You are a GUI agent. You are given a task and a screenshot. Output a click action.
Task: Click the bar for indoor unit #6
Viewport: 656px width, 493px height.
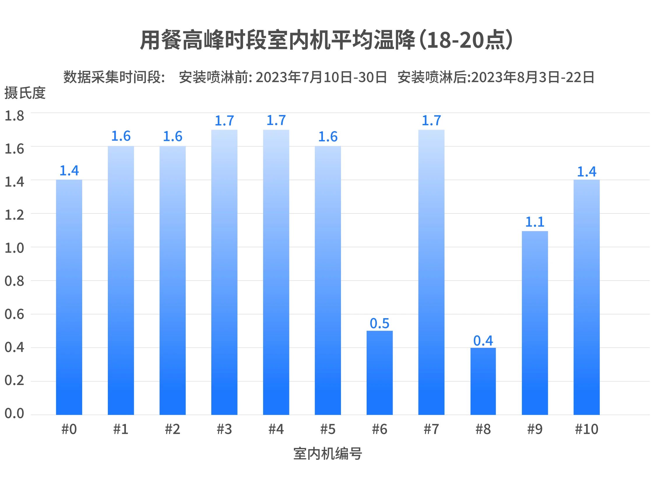click(379, 373)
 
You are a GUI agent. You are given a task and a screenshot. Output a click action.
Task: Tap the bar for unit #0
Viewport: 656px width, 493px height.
click(69, 297)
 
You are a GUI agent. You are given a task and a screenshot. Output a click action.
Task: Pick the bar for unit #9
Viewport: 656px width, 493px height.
click(535, 323)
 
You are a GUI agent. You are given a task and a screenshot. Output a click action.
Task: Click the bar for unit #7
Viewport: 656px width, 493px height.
click(431, 272)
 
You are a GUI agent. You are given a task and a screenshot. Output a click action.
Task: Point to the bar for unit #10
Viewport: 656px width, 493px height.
click(586, 297)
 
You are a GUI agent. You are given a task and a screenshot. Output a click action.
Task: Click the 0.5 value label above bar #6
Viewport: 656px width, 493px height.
click(379, 323)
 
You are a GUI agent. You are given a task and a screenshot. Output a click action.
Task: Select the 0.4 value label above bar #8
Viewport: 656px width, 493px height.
click(483, 341)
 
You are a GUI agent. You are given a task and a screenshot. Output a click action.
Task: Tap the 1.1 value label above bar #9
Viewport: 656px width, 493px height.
click(535, 222)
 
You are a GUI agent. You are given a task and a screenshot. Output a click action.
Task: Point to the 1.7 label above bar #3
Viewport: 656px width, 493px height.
click(224, 121)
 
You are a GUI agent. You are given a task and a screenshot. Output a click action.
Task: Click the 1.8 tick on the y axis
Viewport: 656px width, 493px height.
click(14, 116)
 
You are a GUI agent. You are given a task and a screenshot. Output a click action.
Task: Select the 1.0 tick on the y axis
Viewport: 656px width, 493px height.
click(14, 248)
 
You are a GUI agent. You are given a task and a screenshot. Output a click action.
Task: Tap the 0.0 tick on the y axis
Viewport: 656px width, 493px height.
click(14, 413)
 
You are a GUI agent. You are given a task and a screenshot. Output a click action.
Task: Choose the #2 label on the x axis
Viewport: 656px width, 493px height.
click(172, 429)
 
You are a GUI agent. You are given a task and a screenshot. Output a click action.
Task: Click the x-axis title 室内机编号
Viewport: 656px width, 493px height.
click(328, 454)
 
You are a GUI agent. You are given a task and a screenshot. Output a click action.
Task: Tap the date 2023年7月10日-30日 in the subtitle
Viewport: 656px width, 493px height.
click(321, 77)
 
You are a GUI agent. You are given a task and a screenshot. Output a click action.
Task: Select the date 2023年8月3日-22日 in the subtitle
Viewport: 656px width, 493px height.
click(533, 77)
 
